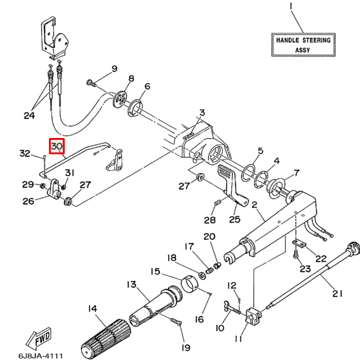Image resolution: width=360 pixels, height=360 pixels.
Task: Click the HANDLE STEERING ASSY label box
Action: (x=304, y=45)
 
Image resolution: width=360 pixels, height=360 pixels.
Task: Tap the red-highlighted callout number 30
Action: (x=56, y=146)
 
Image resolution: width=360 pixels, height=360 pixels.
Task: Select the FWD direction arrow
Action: (x=38, y=338)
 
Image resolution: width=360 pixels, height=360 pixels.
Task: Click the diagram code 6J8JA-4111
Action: (x=40, y=356)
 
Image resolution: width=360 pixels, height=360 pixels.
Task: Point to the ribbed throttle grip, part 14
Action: (x=106, y=340)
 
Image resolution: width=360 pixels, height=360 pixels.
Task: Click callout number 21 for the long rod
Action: (x=337, y=294)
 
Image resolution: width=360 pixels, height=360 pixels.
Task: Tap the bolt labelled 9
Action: (x=92, y=83)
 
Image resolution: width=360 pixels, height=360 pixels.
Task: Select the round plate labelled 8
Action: (x=120, y=99)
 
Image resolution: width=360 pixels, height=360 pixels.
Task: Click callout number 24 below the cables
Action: (x=29, y=115)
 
